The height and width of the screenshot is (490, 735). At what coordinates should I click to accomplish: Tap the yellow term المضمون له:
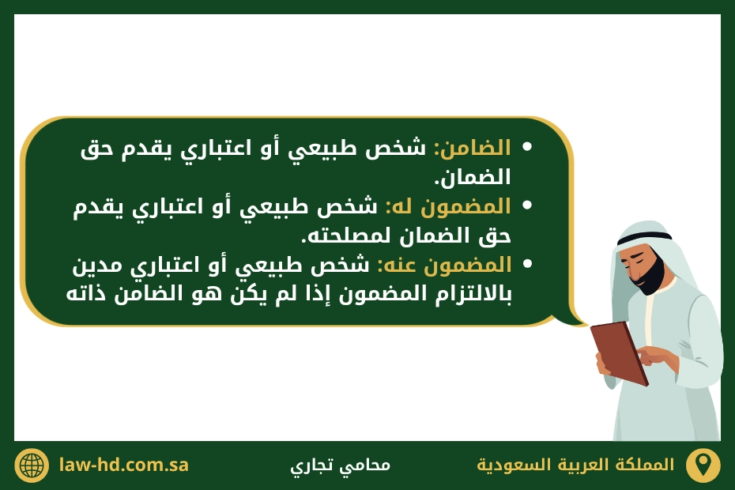[448, 206]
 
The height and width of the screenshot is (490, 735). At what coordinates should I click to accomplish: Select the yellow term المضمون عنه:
[444, 265]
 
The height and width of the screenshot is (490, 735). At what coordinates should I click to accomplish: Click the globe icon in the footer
[32, 465]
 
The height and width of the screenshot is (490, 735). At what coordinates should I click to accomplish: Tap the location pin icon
[702, 465]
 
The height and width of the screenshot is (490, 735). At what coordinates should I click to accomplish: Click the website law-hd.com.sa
[124, 465]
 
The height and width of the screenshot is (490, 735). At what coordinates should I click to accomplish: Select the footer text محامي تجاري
[340, 465]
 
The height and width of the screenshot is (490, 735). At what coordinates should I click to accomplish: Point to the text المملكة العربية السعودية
[576, 465]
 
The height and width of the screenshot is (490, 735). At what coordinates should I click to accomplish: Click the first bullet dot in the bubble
[527, 148]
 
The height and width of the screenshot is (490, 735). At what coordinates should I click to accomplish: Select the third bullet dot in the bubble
[527, 265]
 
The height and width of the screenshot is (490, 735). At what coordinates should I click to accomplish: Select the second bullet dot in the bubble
[527, 206]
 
